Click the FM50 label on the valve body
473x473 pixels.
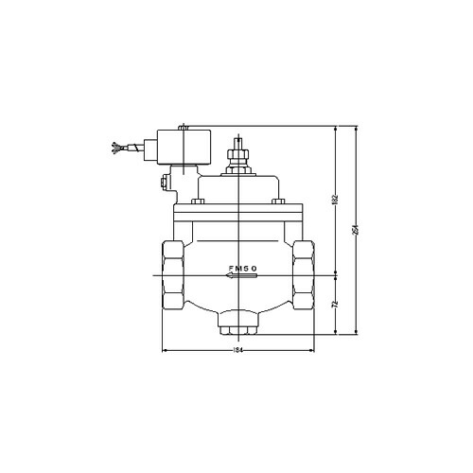pyautogui.click(x=242, y=269)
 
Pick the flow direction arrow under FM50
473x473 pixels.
pyautogui.click(x=241, y=277)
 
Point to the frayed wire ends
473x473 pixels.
pyautogui.click(x=116, y=148)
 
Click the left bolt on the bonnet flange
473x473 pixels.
pyautogui.click(x=197, y=202)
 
